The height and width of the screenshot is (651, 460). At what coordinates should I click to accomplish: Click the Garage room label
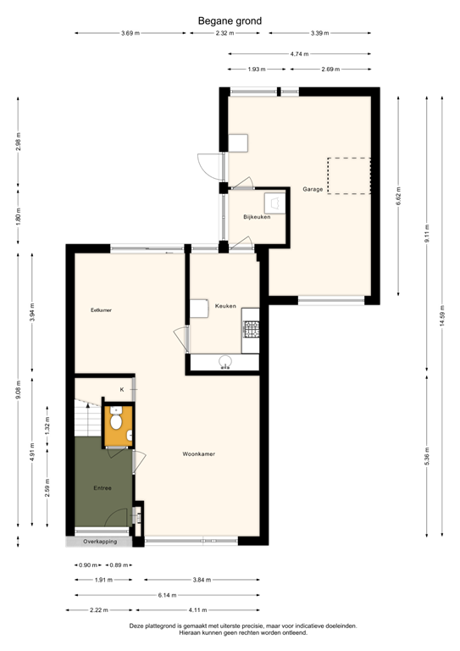pos(313,189)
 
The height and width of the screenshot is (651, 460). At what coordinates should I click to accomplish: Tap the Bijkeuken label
pos(256,218)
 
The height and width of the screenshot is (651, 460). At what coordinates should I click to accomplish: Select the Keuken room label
pos(225,306)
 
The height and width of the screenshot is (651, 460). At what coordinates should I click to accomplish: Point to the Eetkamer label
pos(101,310)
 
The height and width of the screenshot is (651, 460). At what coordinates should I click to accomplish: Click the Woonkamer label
pos(199,454)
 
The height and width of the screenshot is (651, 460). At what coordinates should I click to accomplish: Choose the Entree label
pos(103,489)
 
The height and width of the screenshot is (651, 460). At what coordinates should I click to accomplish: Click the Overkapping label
pos(99,542)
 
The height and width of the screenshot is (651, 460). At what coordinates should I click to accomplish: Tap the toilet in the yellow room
pos(116,420)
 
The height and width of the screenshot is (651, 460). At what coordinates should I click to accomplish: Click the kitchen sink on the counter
pos(225,363)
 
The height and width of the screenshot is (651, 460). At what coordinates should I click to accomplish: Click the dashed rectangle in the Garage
pos(348,175)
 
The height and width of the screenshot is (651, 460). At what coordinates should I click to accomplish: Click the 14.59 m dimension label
pos(441,315)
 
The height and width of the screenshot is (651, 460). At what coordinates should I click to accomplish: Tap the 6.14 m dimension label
pos(167,595)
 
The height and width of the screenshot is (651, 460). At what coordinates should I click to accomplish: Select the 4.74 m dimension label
pos(299,53)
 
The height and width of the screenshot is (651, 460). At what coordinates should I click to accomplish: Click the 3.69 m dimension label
pos(130,33)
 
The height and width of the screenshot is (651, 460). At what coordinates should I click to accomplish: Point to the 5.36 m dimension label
pos(427,456)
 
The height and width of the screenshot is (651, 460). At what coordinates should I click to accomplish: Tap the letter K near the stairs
pos(121,389)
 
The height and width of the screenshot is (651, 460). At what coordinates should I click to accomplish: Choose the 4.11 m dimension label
pos(197,609)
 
